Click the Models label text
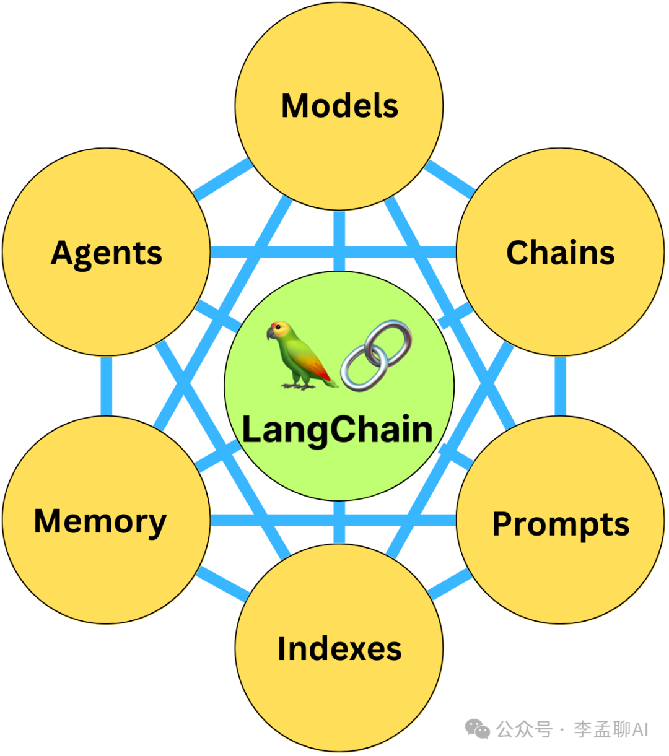339,106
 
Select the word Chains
560,253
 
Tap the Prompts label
560,524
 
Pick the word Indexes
339,648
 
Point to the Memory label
100,521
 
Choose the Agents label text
107,253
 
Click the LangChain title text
338,430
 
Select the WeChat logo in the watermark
477,729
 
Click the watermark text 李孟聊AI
611,729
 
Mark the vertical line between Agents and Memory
106,385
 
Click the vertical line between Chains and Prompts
560,385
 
